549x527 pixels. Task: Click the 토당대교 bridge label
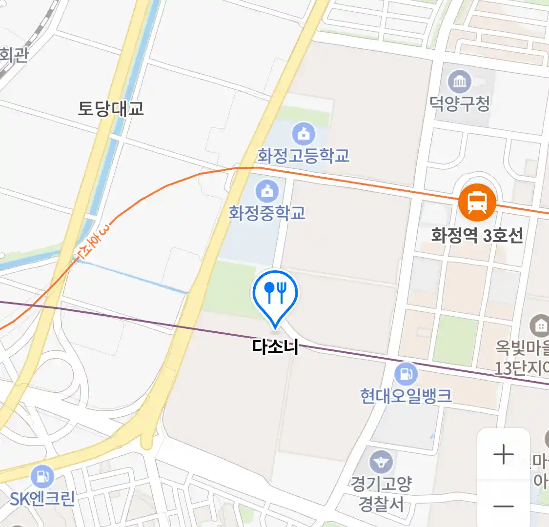(x=111, y=108)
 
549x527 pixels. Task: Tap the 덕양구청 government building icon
(x=460, y=81)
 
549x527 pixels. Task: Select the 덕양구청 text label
(x=460, y=103)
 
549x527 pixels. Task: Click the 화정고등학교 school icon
(x=304, y=134)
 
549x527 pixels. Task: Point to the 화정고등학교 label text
(x=304, y=156)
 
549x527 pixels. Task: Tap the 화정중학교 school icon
(x=267, y=191)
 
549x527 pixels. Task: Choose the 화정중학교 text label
(x=267, y=213)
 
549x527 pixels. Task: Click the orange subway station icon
(x=477, y=203)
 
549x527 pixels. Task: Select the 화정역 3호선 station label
(x=477, y=236)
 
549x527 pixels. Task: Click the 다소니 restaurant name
(x=275, y=346)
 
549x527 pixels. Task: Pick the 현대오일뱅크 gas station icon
(x=406, y=374)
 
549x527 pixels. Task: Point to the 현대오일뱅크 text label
(x=406, y=396)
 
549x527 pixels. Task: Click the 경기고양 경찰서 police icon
(x=381, y=462)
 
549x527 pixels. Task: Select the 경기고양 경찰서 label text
(x=381, y=494)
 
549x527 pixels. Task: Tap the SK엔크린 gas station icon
(x=42, y=476)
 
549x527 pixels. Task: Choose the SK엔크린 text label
(x=42, y=499)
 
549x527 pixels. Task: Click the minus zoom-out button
(x=503, y=506)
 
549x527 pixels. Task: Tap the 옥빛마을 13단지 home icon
(x=540, y=325)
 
